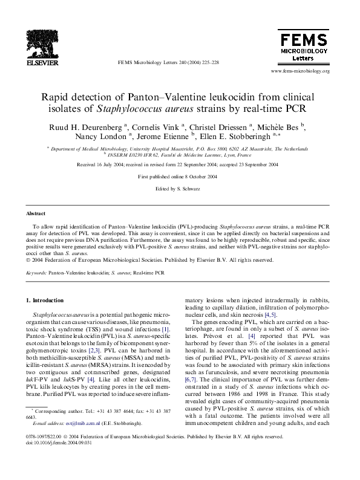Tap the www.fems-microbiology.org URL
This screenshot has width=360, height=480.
pos(300,71)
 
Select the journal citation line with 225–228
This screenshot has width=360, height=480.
pos(168,62)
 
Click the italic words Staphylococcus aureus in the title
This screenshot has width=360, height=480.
pos(162,109)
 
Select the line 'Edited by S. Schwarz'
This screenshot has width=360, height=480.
pos(179,189)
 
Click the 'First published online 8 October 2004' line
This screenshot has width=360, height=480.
pos(179,176)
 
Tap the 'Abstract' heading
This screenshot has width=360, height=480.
pos(36,214)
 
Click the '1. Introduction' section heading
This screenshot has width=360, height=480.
pos(44,300)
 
